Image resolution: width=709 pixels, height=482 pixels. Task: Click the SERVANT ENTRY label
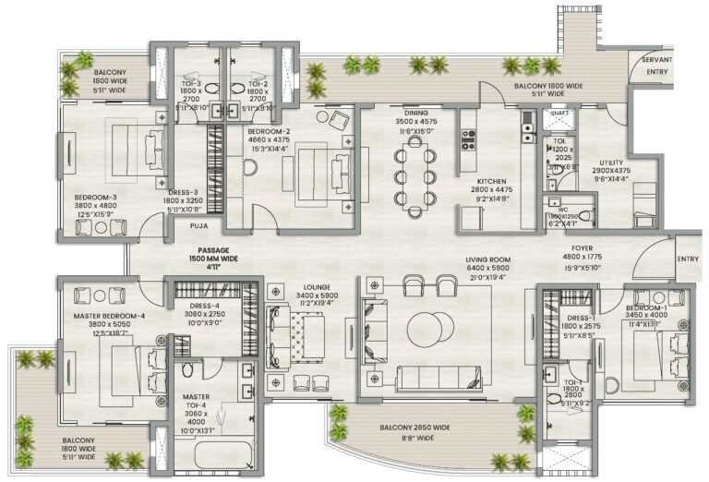(x=657, y=66)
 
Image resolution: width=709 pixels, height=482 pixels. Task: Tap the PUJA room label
(x=198, y=224)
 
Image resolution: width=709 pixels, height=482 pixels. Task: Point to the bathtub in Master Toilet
(x=225, y=460)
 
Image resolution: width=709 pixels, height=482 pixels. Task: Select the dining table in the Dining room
(x=414, y=175)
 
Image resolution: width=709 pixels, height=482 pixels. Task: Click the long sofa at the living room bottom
(x=438, y=378)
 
